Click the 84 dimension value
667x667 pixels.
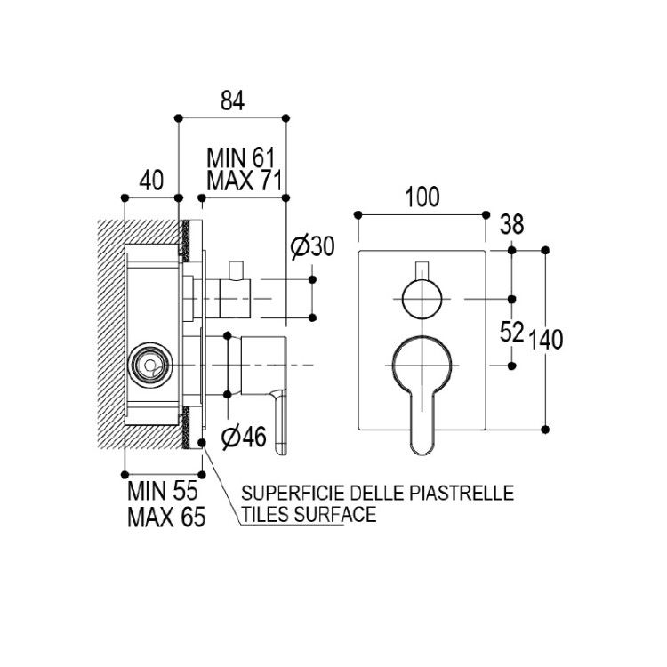coord(233,101)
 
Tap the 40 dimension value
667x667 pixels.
coord(151,180)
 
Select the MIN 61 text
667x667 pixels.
coord(241,158)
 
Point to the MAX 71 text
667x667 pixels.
coord(245,181)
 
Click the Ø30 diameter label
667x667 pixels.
coord(313,246)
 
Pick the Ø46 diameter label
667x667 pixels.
coord(245,437)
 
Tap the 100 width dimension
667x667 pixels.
coord(422,197)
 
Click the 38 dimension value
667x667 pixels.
coord(511,224)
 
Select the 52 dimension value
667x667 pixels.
coord(511,333)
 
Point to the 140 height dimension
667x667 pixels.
coord(546,340)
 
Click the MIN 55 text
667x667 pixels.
coord(163,491)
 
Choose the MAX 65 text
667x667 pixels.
coord(166,518)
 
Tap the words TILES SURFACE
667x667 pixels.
coord(309,514)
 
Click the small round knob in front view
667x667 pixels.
coord(422,300)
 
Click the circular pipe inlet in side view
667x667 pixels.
coord(150,365)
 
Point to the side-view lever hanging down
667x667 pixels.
coord(280,422)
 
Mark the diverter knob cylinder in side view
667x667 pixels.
coord(235,299)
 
